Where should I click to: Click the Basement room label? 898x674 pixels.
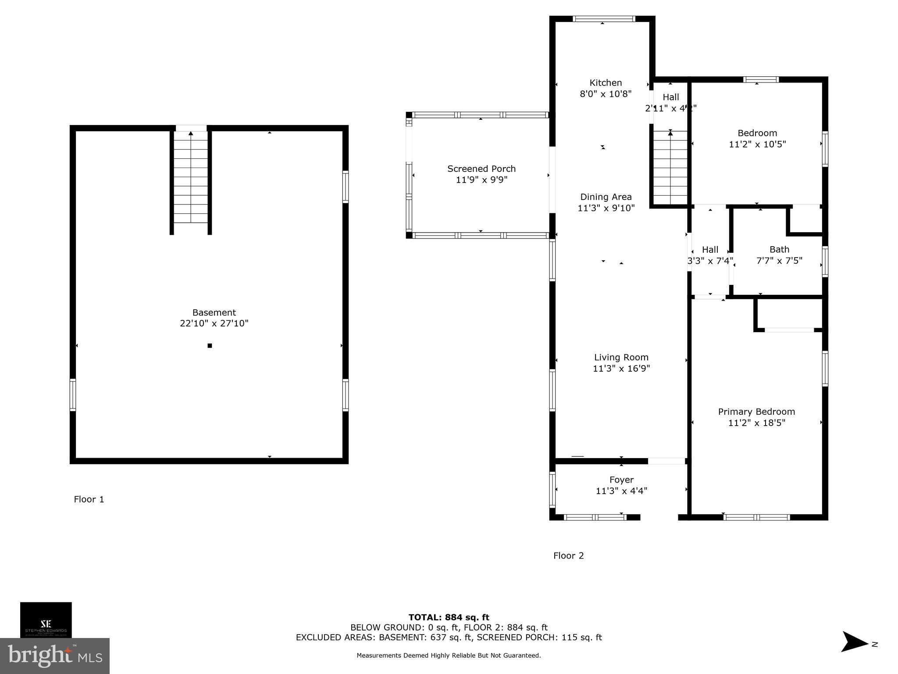click(214, 312)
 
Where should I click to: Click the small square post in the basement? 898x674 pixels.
click(210, 346)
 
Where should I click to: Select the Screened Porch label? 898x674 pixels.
click(481, 168)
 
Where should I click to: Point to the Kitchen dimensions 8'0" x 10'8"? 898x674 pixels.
click(606, 94)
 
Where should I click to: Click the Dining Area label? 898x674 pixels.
click(606, 197)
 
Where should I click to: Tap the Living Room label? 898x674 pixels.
click(621, 357)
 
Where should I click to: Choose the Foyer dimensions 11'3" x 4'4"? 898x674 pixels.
click(621, 491)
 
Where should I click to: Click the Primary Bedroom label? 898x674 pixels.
click(756, 412)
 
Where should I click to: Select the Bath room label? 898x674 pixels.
click(779, 249)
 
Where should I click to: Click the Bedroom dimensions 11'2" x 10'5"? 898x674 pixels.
click(757, 144)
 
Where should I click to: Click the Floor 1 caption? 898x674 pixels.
click(89, 499)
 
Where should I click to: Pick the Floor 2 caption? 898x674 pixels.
click(568, 556)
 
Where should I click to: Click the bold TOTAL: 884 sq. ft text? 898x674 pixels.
click(449, 618)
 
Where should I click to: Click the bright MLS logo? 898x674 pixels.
click(55, 656)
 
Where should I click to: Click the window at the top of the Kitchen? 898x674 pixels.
click(604, 19)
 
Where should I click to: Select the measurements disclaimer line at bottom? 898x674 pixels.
click(449, 656)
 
